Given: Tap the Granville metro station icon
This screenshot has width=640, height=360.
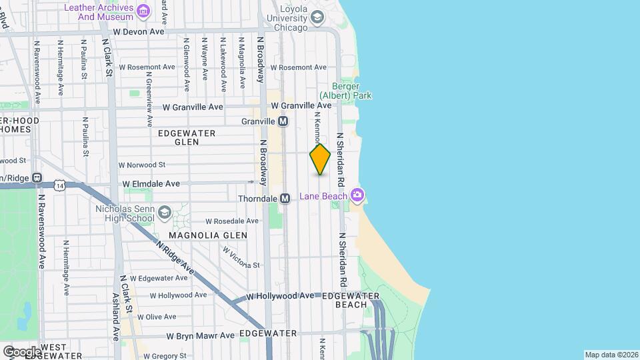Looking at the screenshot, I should point(283,121).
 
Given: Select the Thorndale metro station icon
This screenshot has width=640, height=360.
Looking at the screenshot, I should point(285,199).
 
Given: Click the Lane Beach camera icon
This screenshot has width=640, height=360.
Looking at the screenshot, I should point(358,195).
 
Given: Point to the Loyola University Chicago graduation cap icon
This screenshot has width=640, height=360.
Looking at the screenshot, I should point(317,17).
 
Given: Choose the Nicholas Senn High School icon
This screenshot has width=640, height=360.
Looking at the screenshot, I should point(164,213).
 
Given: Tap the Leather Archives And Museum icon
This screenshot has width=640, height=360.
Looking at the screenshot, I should point(143,11).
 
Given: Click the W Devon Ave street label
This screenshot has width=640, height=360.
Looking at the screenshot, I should point(139,31).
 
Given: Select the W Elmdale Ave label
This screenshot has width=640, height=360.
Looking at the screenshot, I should point(151,183).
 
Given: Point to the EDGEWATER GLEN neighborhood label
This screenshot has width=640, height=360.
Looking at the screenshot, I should point(186,137).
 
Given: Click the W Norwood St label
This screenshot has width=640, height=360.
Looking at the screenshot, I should point(141,165).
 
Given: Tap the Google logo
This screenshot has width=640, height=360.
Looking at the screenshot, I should point(23,351).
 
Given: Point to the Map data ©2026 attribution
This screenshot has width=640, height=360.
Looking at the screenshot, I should point(611,355).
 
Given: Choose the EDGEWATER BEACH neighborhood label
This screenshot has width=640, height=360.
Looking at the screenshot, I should point(351,300).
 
